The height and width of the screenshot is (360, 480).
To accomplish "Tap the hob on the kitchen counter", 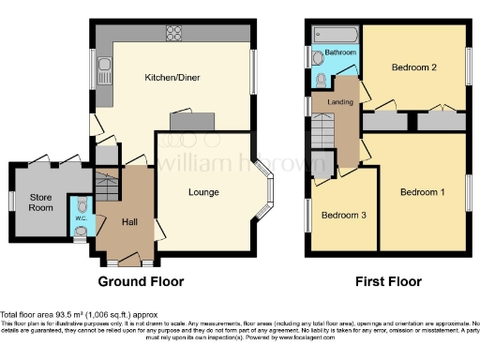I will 173,33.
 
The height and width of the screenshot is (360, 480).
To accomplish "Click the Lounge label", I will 203,193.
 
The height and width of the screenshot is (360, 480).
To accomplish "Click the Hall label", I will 130,221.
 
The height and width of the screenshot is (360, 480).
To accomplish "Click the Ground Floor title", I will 142,281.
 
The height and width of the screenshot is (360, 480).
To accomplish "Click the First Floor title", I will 388,281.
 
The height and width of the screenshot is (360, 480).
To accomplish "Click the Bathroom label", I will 340,53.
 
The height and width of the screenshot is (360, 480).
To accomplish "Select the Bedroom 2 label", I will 414,67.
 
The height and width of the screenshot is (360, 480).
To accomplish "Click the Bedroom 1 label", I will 423,192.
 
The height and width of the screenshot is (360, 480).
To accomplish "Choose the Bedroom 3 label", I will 340,215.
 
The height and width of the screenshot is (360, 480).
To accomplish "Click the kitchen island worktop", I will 190,122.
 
